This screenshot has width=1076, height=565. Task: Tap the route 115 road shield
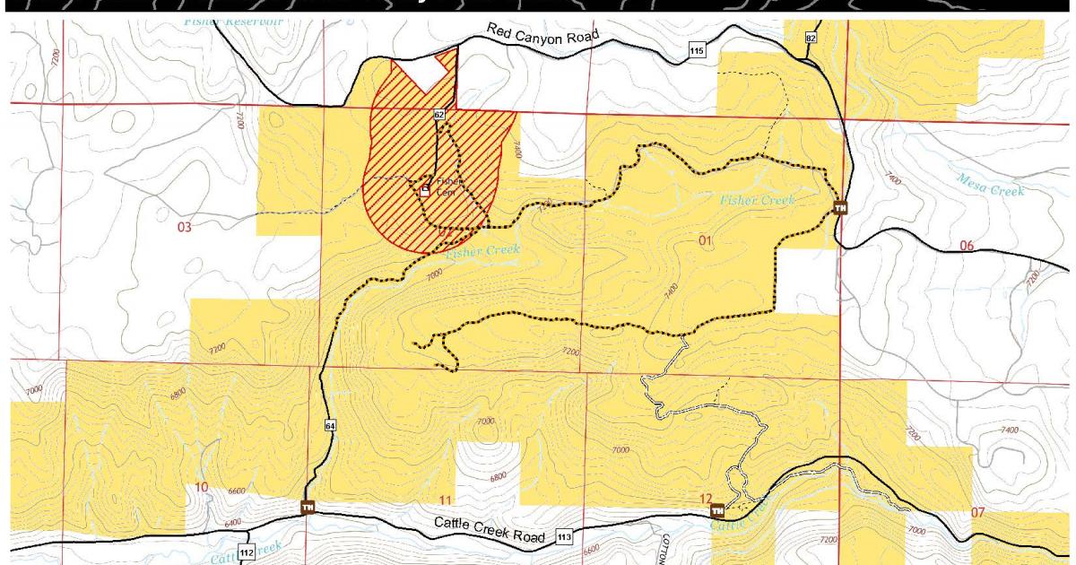(x=696, y=51)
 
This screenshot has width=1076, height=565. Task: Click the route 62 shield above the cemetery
(x=438, y=114)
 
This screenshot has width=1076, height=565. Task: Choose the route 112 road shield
(x=247, y=549)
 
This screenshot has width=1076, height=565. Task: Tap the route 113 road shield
(x=564, y=536)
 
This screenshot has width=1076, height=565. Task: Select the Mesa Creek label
(x=990, y=184)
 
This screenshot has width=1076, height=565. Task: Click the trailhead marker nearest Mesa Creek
(x=840, y=208)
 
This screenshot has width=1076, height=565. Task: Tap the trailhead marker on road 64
(x=308, y=508)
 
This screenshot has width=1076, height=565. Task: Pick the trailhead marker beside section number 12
(x=717, y=511)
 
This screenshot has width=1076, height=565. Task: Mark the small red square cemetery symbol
(x=425, y=190)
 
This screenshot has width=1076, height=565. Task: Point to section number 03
(x=184, y=228)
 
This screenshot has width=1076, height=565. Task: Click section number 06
(x=967, y=246)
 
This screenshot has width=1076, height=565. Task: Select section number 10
(x=202, y=487)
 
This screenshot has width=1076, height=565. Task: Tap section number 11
(x=446, y=499)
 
